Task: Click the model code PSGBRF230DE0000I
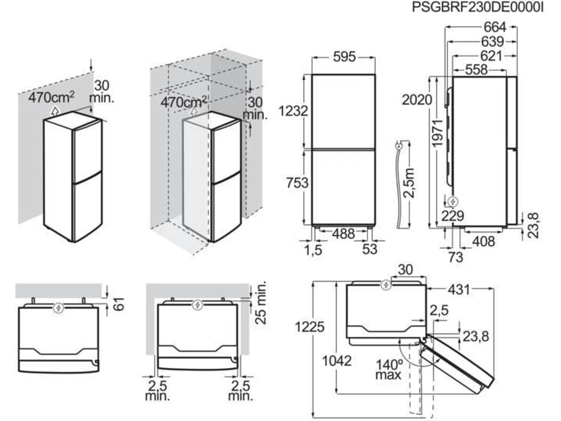[478, 7]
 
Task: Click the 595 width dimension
[344, 57]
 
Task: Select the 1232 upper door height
[293, 111]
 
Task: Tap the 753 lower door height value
[297, 183]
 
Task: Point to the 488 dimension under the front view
[343, 234]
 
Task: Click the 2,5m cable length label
[408, 183]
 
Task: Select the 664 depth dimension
[495, 27]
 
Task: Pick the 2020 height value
[417, 99]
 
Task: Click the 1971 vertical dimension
[438, 133]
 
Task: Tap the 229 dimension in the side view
[453, 216]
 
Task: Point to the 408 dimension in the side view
[484, 242]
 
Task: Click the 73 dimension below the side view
[456, 257]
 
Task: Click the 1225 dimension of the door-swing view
[310, 326]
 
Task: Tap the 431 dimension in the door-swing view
[459, 289]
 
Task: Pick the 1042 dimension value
[337, 361]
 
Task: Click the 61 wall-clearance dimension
[120, 304]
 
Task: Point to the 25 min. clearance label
[261, 302]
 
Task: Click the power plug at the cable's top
[398, 146]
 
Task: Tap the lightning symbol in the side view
[453, 202]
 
